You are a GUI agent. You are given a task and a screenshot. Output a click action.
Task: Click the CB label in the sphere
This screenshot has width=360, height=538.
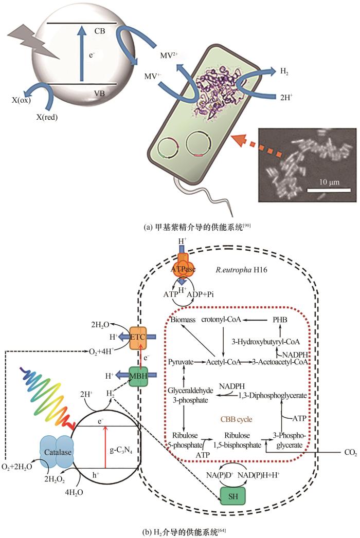[x=99, y=30]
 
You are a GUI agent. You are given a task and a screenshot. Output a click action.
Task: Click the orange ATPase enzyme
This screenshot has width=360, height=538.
[x=184, y=266]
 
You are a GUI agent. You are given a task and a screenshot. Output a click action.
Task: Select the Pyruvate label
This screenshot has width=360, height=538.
[x=181, y=362]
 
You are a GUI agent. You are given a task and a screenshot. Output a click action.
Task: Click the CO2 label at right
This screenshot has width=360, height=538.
[x=350, y=453]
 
